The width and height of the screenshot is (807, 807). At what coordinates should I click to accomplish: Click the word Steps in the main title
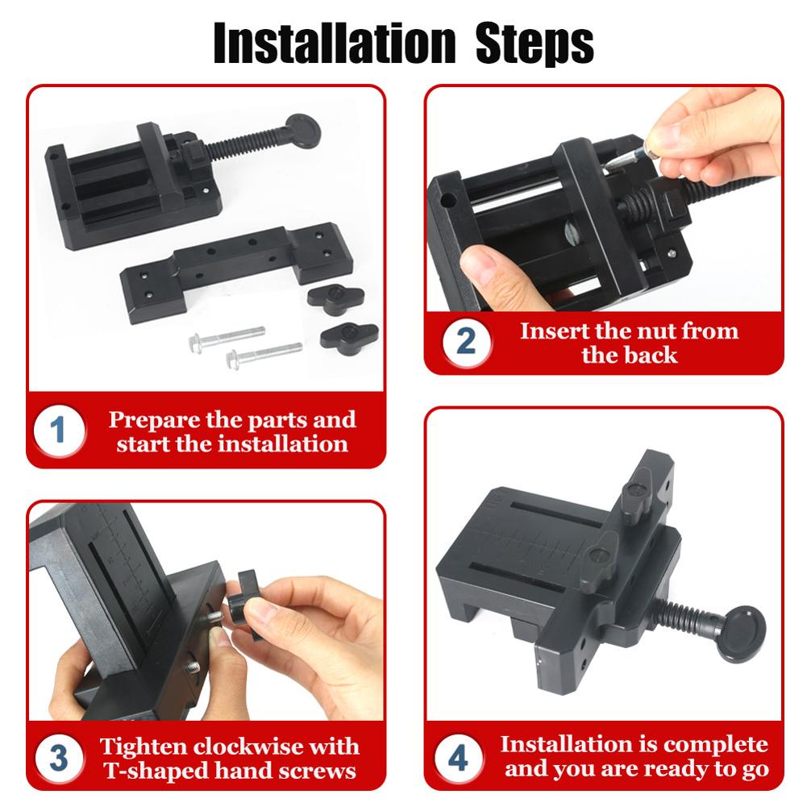535,43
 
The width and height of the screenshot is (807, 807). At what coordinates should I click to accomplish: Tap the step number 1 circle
59,431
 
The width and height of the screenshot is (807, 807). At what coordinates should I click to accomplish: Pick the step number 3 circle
59,758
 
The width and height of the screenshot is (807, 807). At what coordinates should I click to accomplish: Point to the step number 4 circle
458,758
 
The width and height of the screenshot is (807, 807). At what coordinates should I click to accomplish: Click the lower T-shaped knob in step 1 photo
348,334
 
